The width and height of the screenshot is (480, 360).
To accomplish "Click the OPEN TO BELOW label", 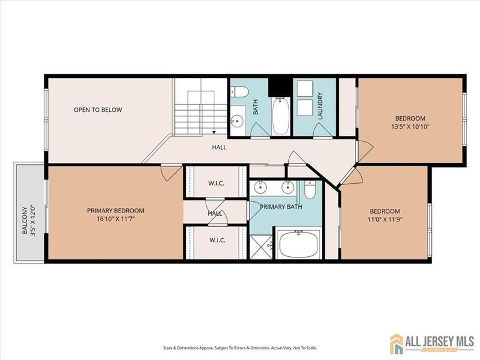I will coord(97,110).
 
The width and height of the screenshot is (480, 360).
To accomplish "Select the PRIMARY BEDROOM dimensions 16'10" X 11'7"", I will coord(116,219).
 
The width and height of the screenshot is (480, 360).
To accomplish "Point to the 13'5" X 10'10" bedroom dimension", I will coord(410,127).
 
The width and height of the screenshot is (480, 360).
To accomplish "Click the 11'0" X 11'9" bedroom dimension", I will coord(384,220).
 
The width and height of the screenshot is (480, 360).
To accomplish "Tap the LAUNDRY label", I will coord(319,106).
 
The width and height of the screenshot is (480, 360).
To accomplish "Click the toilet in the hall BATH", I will coord(240,92).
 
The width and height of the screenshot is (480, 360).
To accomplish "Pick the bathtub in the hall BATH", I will coord(281,116).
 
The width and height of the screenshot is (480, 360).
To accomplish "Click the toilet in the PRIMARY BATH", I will coord(310,190).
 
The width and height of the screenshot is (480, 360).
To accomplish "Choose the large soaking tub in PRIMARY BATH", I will coord(299,244).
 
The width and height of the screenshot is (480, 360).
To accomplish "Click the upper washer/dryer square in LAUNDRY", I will coord(305,89).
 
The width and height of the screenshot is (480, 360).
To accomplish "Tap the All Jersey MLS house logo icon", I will coord(396,342).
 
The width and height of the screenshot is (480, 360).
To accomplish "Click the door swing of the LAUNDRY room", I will coord(322,130).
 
